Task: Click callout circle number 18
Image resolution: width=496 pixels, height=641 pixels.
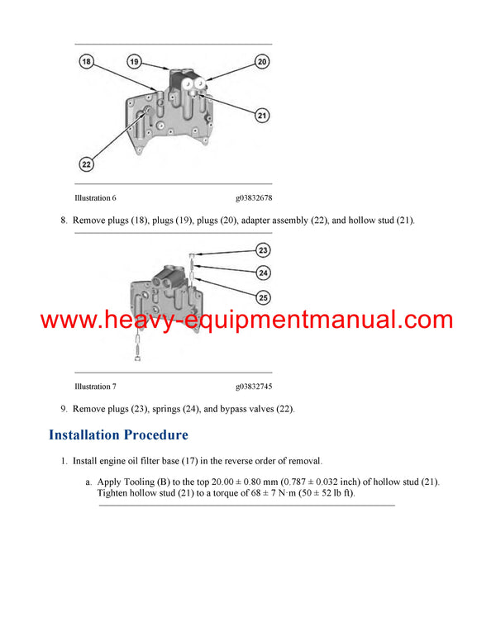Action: point(88,61)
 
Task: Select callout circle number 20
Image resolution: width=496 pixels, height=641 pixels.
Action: point(262,61)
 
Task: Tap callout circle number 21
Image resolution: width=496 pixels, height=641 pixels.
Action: point(262,116)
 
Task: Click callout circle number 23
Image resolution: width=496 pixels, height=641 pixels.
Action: point(263,249)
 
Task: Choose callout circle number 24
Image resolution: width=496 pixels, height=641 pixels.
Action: point(263,273)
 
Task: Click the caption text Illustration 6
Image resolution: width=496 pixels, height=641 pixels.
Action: point(95,198)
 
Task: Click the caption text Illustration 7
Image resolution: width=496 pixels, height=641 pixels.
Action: point(95,387)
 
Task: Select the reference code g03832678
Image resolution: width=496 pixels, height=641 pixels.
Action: point(254,198)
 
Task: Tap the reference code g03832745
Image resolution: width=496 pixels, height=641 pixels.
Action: point(254,387)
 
